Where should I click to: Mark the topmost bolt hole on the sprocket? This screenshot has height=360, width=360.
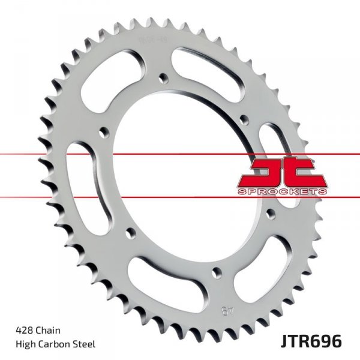click(163, 77)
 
